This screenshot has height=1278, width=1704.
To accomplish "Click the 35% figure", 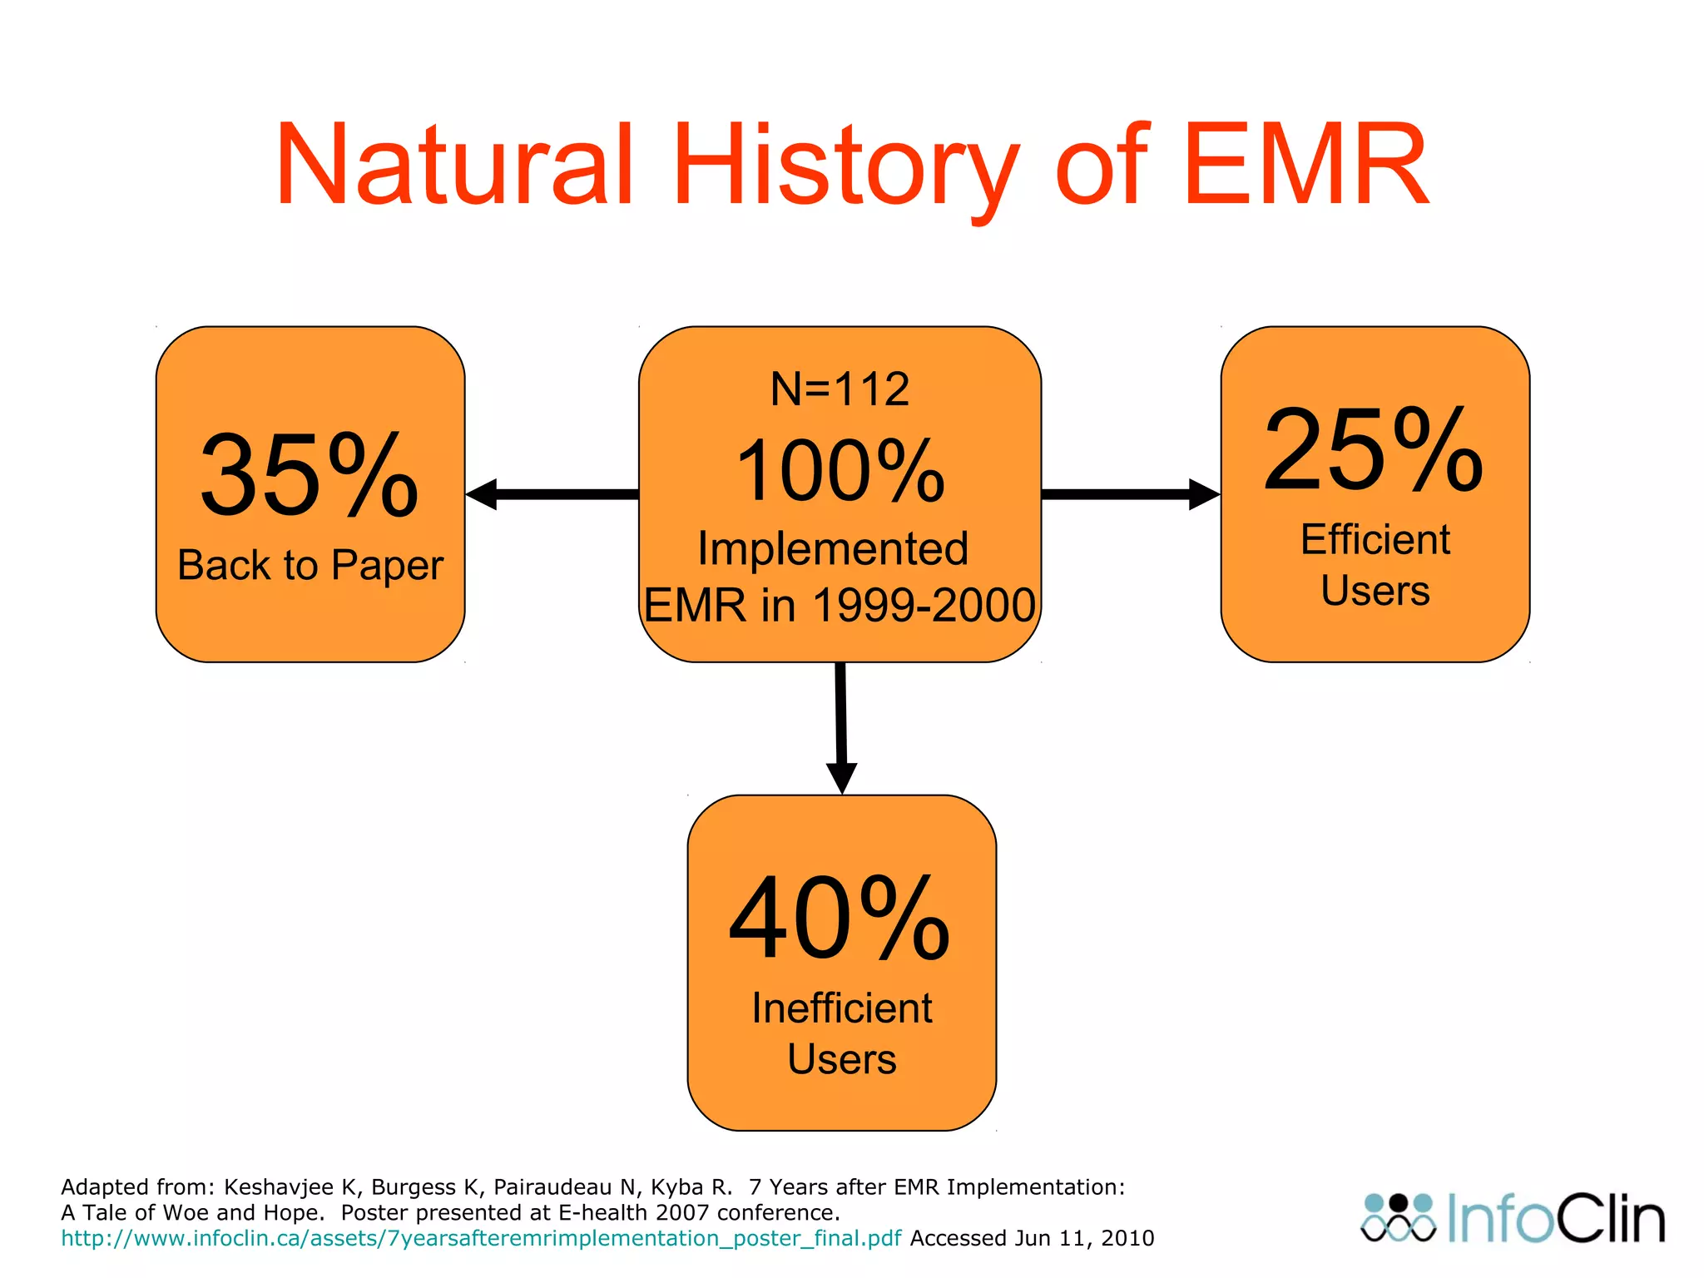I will [x=310, y=476].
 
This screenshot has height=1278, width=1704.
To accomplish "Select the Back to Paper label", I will [x=310, y=566].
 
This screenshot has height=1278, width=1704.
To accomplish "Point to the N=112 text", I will [x=840, y=389].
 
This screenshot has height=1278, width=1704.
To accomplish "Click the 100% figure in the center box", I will [x=840, y=472].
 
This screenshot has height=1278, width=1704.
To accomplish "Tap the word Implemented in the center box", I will [x=833, y=548].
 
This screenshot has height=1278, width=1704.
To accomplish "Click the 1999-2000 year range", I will [x=924, y=605].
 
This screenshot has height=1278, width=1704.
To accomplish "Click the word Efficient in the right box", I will [x=1375, y=539].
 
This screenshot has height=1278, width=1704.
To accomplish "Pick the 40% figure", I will [x=840, y=919].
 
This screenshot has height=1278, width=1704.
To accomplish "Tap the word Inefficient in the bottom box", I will [x=841, y=1008].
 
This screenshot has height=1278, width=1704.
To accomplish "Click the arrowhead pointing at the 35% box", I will [x=483, y=494].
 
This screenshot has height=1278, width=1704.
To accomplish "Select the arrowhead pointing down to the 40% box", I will [x=841, y=777].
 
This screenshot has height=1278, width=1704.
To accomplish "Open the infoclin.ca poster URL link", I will [x=481, y=1238].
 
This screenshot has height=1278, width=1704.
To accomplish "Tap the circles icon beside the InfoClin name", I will [x=1398, y=1218].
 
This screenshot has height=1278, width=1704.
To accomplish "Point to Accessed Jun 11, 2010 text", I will [x=1032, y=1238].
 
